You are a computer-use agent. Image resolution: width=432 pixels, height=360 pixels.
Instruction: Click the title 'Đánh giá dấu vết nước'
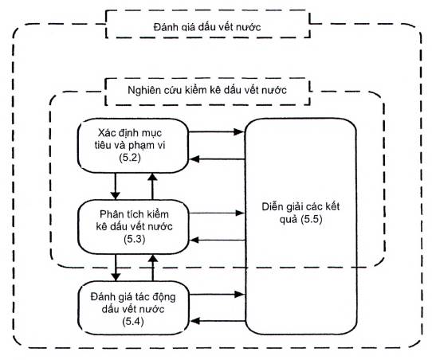click(207, 27)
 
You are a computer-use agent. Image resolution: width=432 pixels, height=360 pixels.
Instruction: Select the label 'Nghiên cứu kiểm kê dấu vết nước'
click(207, 90)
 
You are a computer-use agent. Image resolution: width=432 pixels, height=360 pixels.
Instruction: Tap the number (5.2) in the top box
click(130, 158)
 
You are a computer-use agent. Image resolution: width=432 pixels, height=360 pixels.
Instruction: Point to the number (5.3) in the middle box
click(134, 239)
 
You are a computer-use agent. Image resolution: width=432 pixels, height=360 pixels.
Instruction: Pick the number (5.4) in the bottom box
click(133, 321)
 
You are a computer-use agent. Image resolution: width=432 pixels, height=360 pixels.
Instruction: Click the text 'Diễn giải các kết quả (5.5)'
click(300, 213)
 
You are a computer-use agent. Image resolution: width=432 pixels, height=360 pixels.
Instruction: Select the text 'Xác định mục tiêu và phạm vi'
click(130, 139)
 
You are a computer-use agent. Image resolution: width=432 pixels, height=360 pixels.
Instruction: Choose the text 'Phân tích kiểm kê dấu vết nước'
click(134, 220)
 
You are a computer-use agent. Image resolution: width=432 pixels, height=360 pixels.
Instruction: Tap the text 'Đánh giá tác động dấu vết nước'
click(133, 303)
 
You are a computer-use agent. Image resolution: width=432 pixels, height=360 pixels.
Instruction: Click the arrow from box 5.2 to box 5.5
click(217, 132)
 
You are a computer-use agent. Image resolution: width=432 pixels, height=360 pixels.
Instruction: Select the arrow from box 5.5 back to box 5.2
click(217, 158)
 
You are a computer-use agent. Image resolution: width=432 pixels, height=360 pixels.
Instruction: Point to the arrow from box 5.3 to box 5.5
click(217, 213)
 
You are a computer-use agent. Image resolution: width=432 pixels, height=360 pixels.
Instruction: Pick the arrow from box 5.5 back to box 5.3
click(217, 240)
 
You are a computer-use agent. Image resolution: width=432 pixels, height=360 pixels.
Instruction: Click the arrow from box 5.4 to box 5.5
click(217, 294)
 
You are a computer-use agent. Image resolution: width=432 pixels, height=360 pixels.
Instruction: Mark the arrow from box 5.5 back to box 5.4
click(218, 321)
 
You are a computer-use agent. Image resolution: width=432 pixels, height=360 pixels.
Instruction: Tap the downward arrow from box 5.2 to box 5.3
click(115, 186)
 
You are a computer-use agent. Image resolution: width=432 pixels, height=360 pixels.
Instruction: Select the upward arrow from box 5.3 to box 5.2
click(152, 186)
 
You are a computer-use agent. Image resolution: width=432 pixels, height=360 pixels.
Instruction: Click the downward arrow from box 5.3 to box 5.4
click(116, 268)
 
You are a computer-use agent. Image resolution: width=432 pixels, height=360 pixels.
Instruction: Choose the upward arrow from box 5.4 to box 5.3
click(153, 268)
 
